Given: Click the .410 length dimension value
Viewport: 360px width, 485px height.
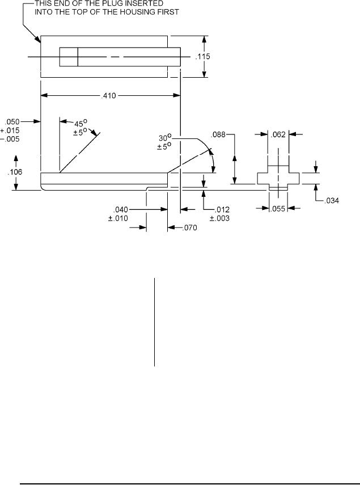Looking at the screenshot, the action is [x=109, y=96].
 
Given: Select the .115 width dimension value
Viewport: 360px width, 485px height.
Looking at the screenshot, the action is [x=203, y=57].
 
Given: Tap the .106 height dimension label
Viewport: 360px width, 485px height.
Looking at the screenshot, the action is [x=15, y=172].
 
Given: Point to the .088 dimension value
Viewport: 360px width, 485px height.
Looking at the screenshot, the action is [x=218, y=134].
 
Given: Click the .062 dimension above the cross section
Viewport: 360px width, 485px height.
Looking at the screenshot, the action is [x=278, y=134].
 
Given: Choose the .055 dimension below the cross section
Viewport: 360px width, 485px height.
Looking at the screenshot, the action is [x=277, y=209].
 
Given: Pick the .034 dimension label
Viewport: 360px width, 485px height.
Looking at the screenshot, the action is [x=332, y=201].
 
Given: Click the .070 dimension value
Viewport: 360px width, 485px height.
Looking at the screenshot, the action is [x=189, y=228].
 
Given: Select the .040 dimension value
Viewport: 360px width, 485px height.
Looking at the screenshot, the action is [x=121, y=210].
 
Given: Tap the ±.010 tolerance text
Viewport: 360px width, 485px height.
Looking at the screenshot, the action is [x=118, y=218].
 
